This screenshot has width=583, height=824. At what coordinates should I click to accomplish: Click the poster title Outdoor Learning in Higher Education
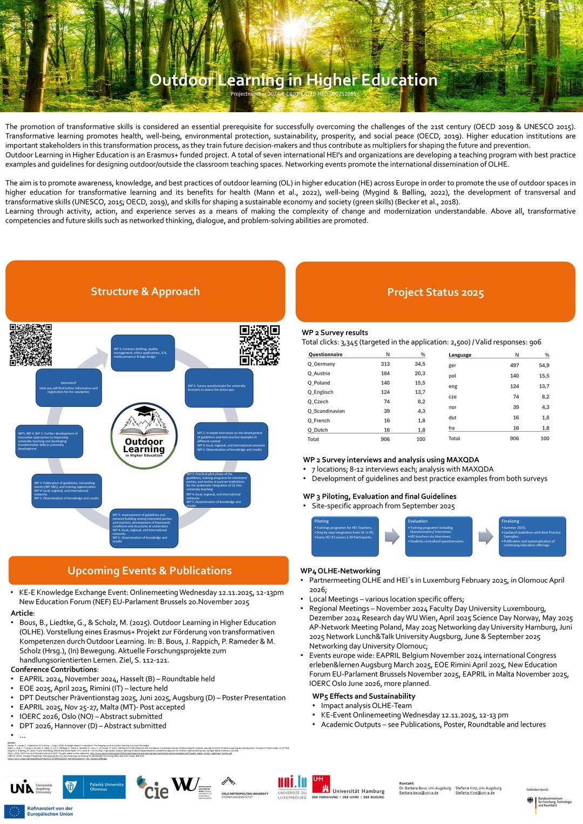pyautogui.click(x=293, y=80)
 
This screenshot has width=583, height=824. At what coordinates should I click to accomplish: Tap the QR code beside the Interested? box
pyautogui.click(x=31, y=345)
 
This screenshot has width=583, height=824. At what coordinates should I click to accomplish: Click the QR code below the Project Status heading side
pyautogui.click(x=260, y=345)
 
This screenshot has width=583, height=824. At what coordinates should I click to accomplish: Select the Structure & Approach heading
pyautogui.click(x=145, y=291)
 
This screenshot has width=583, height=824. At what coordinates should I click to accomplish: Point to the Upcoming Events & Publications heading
pyautogui.click(x=149, y=570)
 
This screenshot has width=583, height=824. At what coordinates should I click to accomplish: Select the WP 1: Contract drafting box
pyautogui.click(x=143, y=353)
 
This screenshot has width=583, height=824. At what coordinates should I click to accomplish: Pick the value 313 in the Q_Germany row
pyautogui.click(x=385, y=364)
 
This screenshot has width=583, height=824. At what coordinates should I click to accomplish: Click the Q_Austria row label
pyautogui.click(x=318, y=373)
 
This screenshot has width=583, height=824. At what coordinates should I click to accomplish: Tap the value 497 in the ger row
pyautogui.click(x=514, y=365)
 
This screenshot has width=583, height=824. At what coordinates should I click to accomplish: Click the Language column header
pyautogui.click(x=460, y=355)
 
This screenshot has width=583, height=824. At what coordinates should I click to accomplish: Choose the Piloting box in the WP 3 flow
pyautogui.click(x=345, y=536)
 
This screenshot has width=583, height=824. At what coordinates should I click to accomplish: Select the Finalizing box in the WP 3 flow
pyautogui.click(x=531, y=536)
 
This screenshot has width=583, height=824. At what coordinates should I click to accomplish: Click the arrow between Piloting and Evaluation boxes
pyautogui.click(x=392, y=536)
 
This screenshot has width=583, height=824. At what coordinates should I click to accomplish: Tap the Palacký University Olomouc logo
pyautogui.click(x=94, y=787)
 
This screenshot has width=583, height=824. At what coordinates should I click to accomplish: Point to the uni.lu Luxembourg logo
pyautogui.click(x=292, y=787)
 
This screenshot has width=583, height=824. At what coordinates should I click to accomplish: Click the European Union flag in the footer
pyautogui.click(x=15, y=812)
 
